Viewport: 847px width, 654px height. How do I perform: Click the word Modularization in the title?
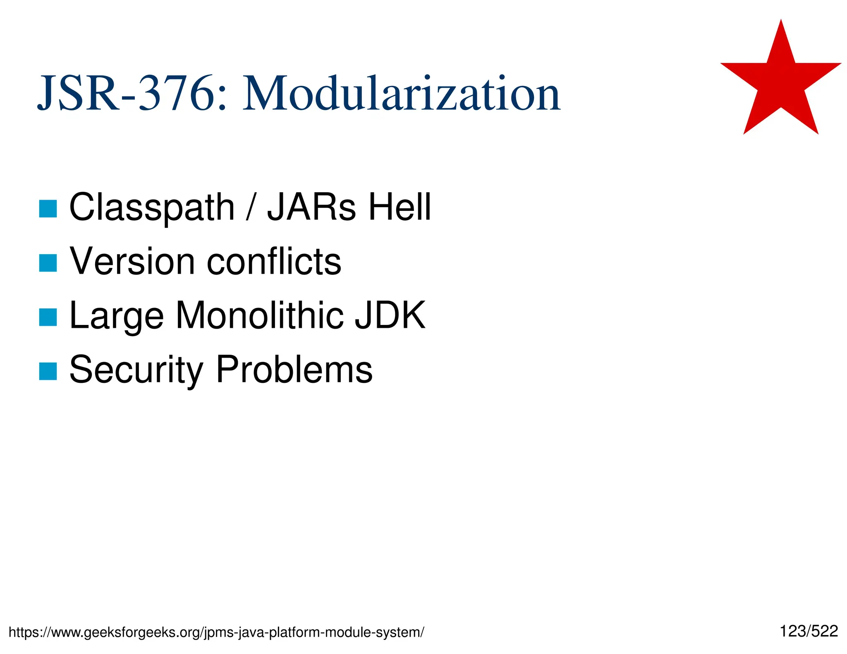(401, 93)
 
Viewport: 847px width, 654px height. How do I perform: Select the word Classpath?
(152, 208)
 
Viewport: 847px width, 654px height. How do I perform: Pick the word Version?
(132, 261)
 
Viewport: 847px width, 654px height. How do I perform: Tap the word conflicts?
(274, 261)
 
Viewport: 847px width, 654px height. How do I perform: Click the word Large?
(117, 316)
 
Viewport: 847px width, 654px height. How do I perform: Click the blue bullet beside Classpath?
(48, 209)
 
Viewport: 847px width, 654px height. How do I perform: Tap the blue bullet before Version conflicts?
(48, 263)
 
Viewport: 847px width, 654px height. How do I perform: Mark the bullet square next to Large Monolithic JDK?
(48, 317)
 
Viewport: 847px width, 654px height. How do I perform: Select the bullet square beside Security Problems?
(48, 371)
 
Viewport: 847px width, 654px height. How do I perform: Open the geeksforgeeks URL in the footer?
(216, 632)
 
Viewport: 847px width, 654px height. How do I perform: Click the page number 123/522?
(809, 631)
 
